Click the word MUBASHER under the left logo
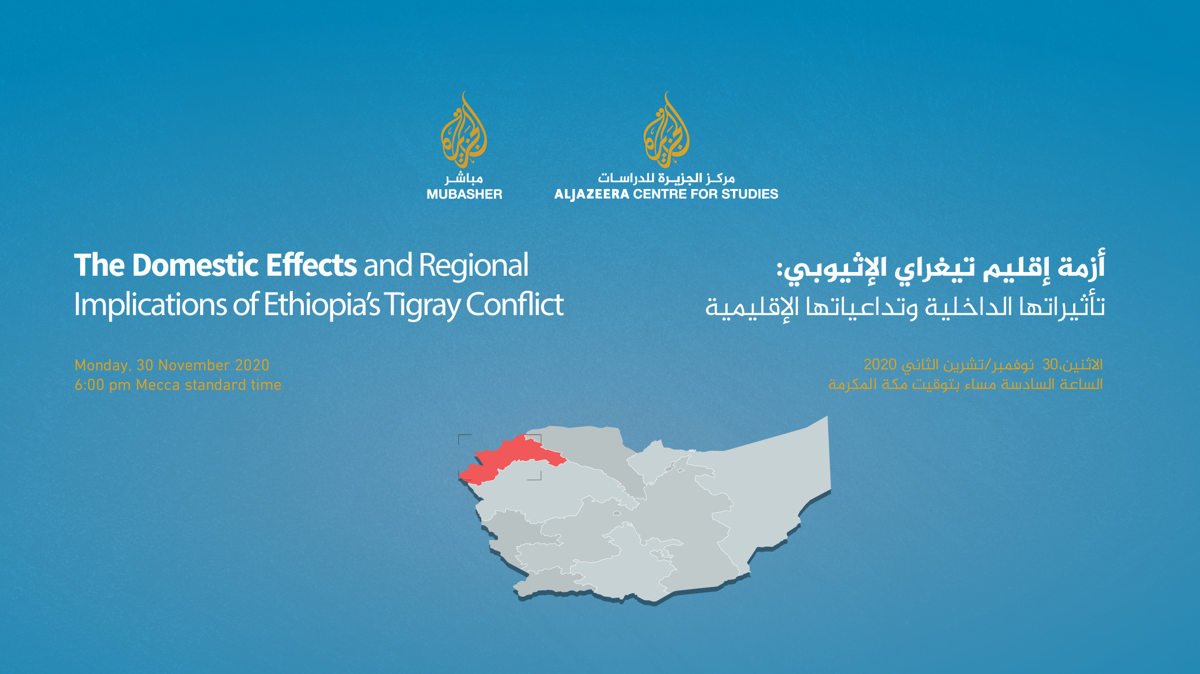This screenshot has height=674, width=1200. (x=464, y=194)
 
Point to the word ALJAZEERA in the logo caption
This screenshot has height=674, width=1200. (x=591, y=194)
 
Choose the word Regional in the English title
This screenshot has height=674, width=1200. (x=474, y=265)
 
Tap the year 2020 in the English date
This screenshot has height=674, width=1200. (x=252, y=366)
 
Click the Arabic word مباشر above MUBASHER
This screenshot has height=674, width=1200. (x=464, y=178)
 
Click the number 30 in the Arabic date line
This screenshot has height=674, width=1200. (x=1050, y=365)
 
